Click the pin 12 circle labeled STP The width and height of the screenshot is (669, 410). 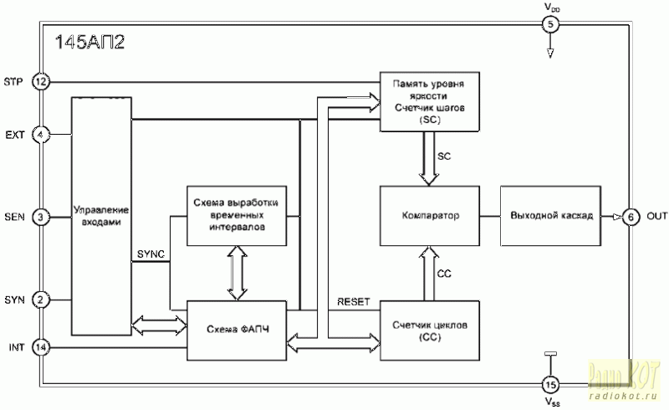coord(41,81)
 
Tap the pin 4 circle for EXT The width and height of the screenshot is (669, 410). coord(41,134)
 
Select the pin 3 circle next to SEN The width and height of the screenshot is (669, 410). coord(41,217)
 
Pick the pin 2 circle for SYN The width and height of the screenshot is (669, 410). coord(41,299)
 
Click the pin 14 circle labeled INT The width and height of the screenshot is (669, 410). coord(41,346)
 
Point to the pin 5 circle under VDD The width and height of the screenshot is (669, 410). coord(549,24)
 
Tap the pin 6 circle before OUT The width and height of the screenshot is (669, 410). coord(631,217)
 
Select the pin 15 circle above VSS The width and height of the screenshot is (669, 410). coord(549,385)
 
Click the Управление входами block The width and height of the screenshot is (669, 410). coord(101,217)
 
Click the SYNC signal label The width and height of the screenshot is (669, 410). coord(151,253)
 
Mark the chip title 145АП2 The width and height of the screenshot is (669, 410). coord(89,44)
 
